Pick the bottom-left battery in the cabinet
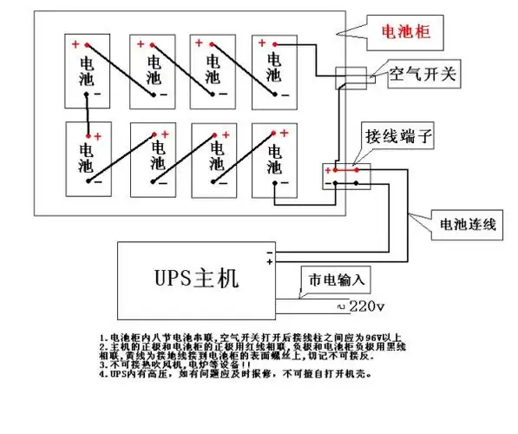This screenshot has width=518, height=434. pyautogui.click(x=88, y=158)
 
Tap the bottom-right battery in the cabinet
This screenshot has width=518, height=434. pyautogui.click(x=274, y=158)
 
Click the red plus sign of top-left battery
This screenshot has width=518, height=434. pyautogui.click(x=75, y=44)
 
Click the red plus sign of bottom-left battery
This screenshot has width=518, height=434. pyautogui.click(x=98, y=136)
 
